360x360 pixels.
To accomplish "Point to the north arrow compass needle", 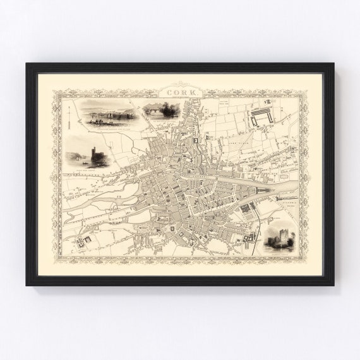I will (68, 117).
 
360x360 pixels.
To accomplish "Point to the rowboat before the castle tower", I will (83, 163).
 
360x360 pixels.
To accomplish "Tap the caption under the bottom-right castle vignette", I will (280, 253).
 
